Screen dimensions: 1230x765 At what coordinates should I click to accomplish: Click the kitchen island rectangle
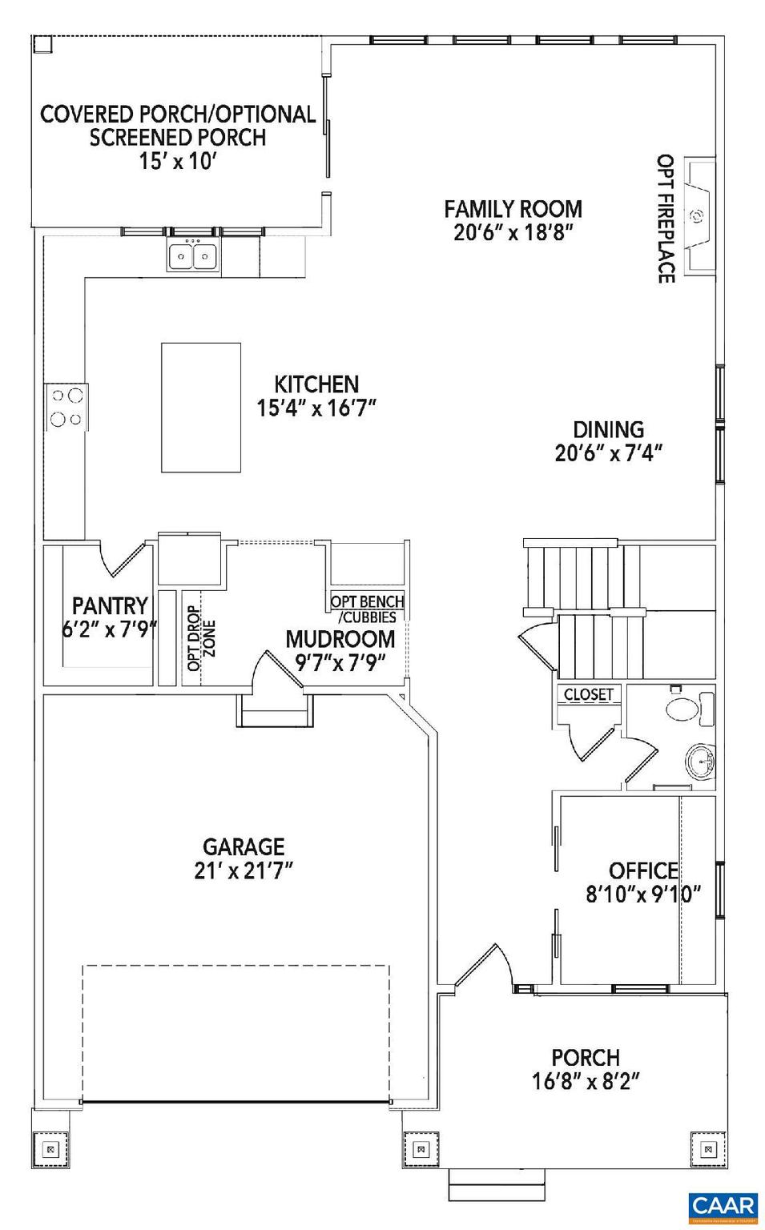pyautogui.click(x=200, y=408)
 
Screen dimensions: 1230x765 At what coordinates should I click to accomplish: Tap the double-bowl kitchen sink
pyautogui.click(x=193, y=257)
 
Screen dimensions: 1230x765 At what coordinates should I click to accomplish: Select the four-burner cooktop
pyautogui.click(x=66, y=407)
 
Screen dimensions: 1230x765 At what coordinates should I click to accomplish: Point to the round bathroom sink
pyautogui.click(x=702, y=760)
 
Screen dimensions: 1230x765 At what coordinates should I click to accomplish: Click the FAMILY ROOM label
pyautogui.click(x=513, y=209)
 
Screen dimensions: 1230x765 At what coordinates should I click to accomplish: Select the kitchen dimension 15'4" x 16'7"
pyautogui.click(x=316, y=408)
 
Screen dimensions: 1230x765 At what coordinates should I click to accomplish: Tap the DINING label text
pyautogui.click(x=608, y=430)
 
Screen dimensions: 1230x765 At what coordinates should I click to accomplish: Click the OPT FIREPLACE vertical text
pyautogui.click(x=665, y=219)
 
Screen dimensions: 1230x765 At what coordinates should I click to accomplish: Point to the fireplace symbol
pyautogui.click(x=697, y=215)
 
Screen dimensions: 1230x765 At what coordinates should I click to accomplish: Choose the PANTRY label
pyautogui.click(x=110, y=605)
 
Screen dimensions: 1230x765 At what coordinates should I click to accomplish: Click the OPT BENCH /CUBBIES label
pyautogui.click(x=367, y=609)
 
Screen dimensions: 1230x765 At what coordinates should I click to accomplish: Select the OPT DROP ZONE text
pyautogui.click(x=200, y=643)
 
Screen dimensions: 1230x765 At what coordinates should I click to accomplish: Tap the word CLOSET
pyautogui.click(x=589, y=694)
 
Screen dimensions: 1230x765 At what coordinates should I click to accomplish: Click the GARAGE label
pyautogui.click(x=244, y=846)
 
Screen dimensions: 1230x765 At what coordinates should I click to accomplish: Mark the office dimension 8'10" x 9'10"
pyautogui.click(x=643, y=894)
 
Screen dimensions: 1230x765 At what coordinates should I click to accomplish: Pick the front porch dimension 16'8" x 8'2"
pyautogui.click(x=586, y=1082)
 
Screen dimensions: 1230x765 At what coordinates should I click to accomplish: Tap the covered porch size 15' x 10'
pyautogui.click(x=178, y=161)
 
